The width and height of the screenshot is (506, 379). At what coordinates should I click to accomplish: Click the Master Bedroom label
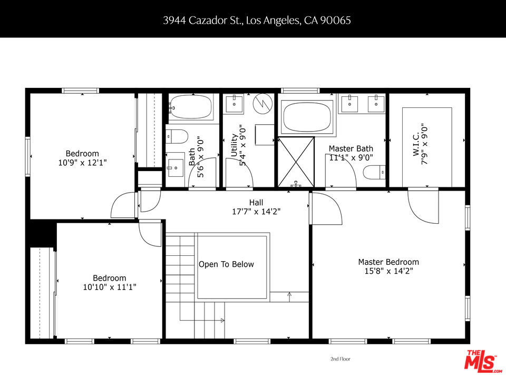click(388, 262)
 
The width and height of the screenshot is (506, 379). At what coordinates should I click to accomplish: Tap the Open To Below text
click(226, 264)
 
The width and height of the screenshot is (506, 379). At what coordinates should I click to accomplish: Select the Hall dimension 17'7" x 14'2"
click(256, 212)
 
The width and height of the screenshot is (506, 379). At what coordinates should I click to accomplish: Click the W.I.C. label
click(416, 144)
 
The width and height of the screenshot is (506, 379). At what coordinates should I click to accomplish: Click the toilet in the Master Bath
click(374, 173)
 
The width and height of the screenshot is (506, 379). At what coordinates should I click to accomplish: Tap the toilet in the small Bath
click(177, 137)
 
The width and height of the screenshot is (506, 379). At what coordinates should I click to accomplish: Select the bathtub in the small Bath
click(191, 107)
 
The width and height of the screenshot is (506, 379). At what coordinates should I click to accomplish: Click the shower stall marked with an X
click(296, 162)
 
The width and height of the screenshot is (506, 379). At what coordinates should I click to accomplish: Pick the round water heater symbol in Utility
click(263, 104)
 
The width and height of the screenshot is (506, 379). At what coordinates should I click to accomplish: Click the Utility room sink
click(234, 104)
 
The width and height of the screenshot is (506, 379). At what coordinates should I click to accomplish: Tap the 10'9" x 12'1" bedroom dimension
click(82, 163)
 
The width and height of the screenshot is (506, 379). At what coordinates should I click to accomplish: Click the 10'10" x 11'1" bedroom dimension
click(110, 287)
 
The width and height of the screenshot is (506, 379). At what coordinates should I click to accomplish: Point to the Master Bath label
click(351, 148)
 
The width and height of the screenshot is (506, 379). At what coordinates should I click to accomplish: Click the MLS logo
click(482, 360)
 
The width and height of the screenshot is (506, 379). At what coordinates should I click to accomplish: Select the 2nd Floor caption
click(340, 358)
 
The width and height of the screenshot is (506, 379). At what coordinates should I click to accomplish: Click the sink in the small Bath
click(174, 168)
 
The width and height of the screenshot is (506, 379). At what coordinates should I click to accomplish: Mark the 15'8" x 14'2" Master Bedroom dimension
click(388, 271)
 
